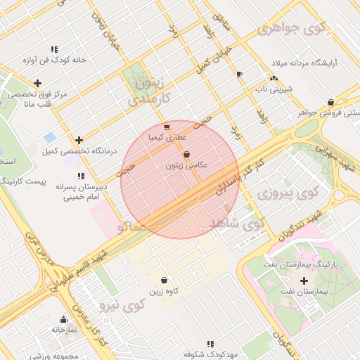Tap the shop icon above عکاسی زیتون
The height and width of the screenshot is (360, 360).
pos(186,155)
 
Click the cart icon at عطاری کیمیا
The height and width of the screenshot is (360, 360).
pos(165,128)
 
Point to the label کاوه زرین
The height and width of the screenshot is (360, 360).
pos(164,291)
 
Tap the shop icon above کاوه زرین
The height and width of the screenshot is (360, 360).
pos(164,281)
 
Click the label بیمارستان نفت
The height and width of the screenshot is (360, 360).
pos(304,291)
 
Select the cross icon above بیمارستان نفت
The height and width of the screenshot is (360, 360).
pos(304,281)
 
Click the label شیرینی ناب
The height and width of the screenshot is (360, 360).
pos(272,89)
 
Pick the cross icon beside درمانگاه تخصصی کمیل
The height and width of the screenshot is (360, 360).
pos(79,140)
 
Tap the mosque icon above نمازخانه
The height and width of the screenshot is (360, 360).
pos(63,319)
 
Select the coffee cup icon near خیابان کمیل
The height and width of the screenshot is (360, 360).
pos(240,74)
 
